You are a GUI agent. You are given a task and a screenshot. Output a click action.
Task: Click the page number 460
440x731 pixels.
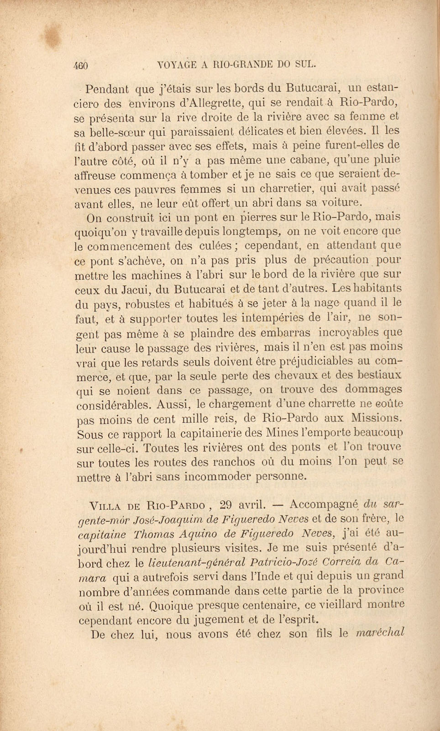80,65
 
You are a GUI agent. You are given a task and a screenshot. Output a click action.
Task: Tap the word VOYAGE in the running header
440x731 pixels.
179,64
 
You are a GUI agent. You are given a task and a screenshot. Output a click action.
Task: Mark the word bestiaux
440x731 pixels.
379,375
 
